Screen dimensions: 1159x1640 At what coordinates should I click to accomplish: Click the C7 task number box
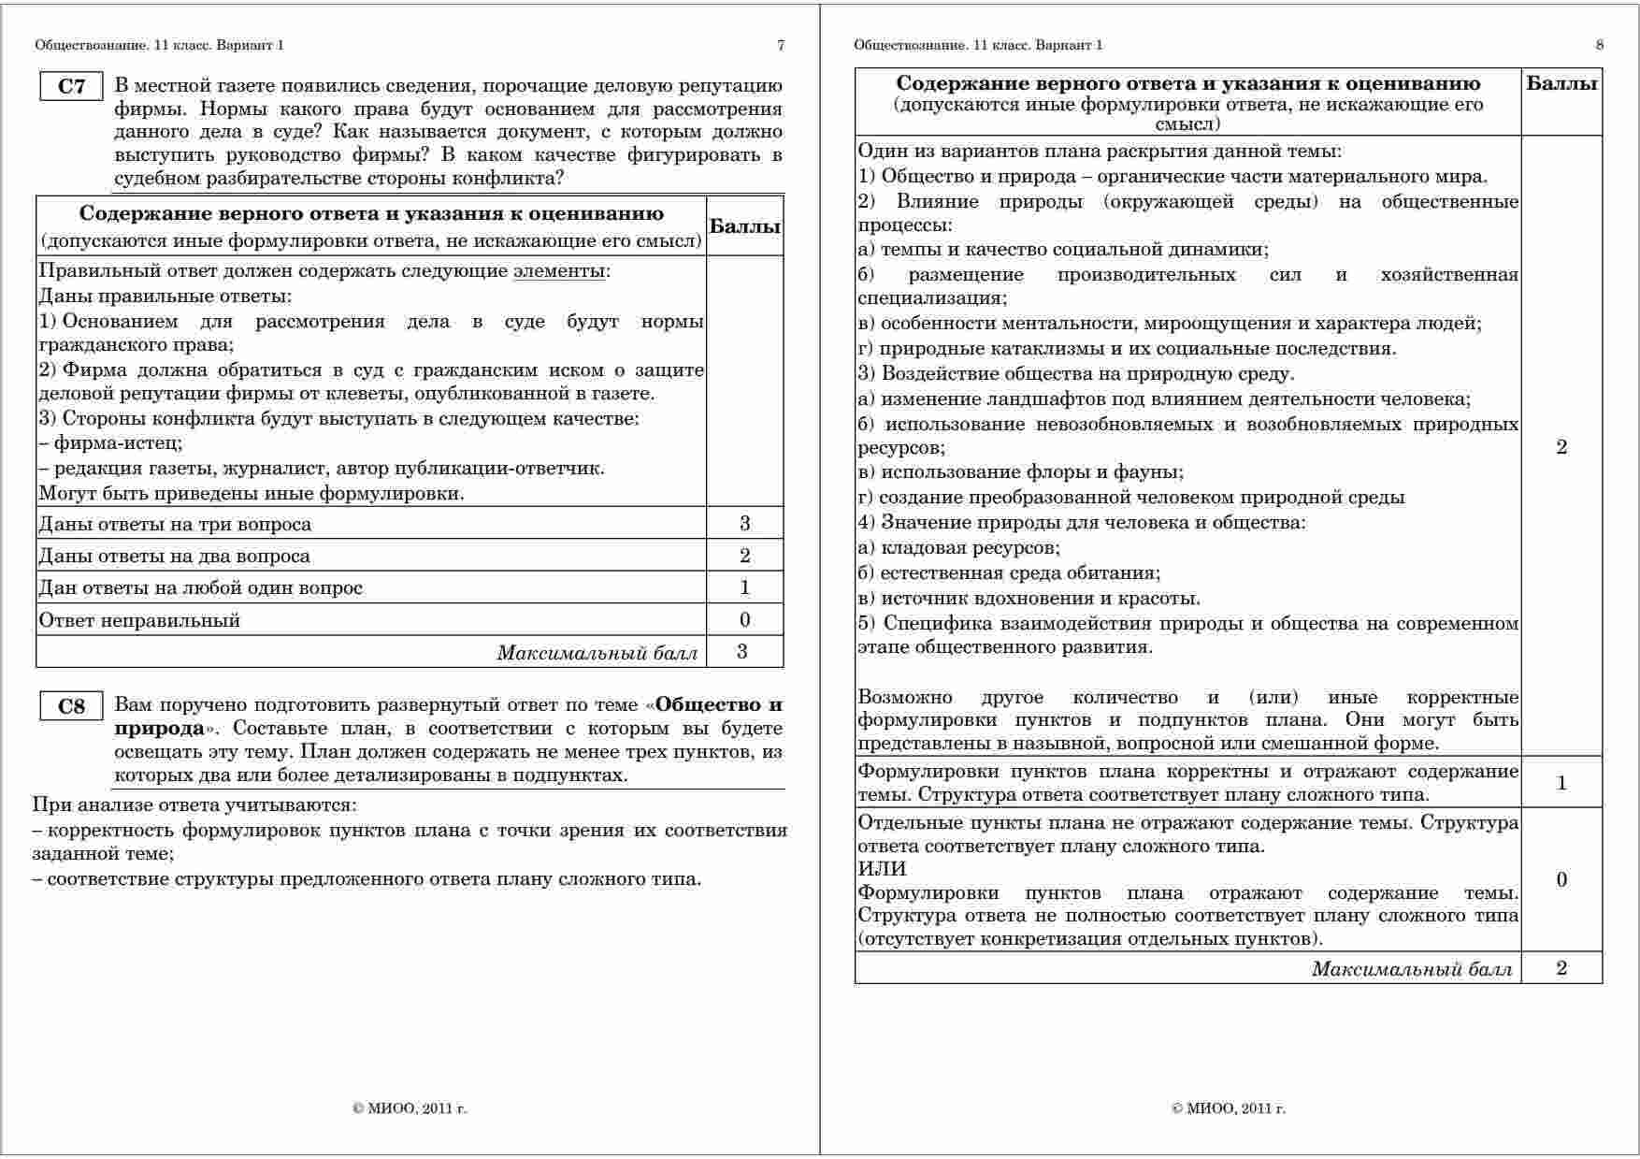[x=71, y=87]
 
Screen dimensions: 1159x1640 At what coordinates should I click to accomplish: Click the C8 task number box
[x=71, y=706]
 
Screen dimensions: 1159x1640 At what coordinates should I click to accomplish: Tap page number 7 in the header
[x=781, y=45]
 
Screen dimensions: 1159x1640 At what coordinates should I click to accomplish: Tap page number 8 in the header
[x=1600, y=45]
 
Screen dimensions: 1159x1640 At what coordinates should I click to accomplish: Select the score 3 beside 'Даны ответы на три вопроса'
[x=744, y=523]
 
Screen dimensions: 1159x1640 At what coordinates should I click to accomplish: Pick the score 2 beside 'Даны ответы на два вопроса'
[x=744, y=556]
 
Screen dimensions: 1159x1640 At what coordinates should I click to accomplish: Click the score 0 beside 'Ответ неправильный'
[x=744, y=619]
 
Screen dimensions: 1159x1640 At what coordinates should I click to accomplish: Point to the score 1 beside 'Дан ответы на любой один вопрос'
[x=744, y=587]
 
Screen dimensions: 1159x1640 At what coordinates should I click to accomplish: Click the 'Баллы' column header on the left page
[x=745, y=226]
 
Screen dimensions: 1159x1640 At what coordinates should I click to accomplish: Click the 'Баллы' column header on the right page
[x=1561, y=84]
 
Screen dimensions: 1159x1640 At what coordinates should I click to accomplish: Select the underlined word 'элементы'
[x=559, y=271]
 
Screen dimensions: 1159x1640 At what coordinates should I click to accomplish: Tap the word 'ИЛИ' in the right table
[x=882, y=869]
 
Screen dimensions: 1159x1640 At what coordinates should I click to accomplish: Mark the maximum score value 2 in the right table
[x=1561, y=968]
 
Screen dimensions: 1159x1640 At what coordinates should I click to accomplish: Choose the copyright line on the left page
[x=410, y=1108]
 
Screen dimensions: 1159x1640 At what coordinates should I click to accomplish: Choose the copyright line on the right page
[x=1228, y=1108]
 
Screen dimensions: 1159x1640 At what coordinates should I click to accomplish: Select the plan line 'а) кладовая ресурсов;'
[x=958, y=548]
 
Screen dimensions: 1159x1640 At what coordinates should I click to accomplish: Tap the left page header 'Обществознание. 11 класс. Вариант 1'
[x=159, y=45]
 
